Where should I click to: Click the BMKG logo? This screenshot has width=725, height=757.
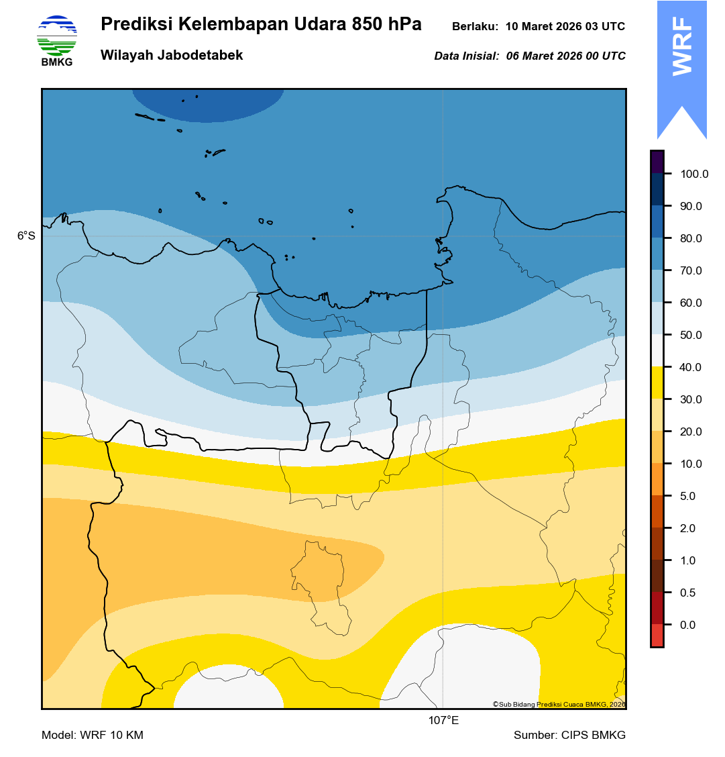pyautogui.click(x=57, y=40)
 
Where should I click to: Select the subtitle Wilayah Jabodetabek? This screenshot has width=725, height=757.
pyautogui.click(x=172, y=56)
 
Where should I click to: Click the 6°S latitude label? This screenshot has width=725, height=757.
pyautogui.click(x=26, y=236)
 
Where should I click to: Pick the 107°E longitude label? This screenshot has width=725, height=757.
pyautogui.click(x=443, y=721)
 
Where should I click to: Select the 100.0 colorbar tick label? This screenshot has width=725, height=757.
pyautogui.click(x=694, y=174)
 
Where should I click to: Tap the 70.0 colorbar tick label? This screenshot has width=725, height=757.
pyautogui.click(x=691, y=271)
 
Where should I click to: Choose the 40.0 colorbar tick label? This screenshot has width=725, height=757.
pyautogui.click(x=691, y=368)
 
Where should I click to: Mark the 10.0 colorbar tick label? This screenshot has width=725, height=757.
pyautogui.click(x=691, y=464)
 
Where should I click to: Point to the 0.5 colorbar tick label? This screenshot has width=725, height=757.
pyautogui.click(x=688, y=593)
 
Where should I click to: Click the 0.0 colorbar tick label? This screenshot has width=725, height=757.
pyautogui.click(x=688, y=625)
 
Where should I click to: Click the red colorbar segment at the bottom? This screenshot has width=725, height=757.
pyautogui.click(x=657, y=635)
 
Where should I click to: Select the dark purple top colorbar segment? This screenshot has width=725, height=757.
pyautogui.click(x=657, y=162)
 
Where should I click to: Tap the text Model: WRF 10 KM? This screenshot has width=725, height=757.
pyautogui.click(x=93, y=736)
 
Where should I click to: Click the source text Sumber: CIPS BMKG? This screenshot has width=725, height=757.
pyautogui.click(x=569, y=736)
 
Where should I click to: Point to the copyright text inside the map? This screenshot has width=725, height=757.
pyautogui.click(x=559, y=704)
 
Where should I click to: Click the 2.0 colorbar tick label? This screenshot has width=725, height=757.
pyautogui.click(x=688, y=529)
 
